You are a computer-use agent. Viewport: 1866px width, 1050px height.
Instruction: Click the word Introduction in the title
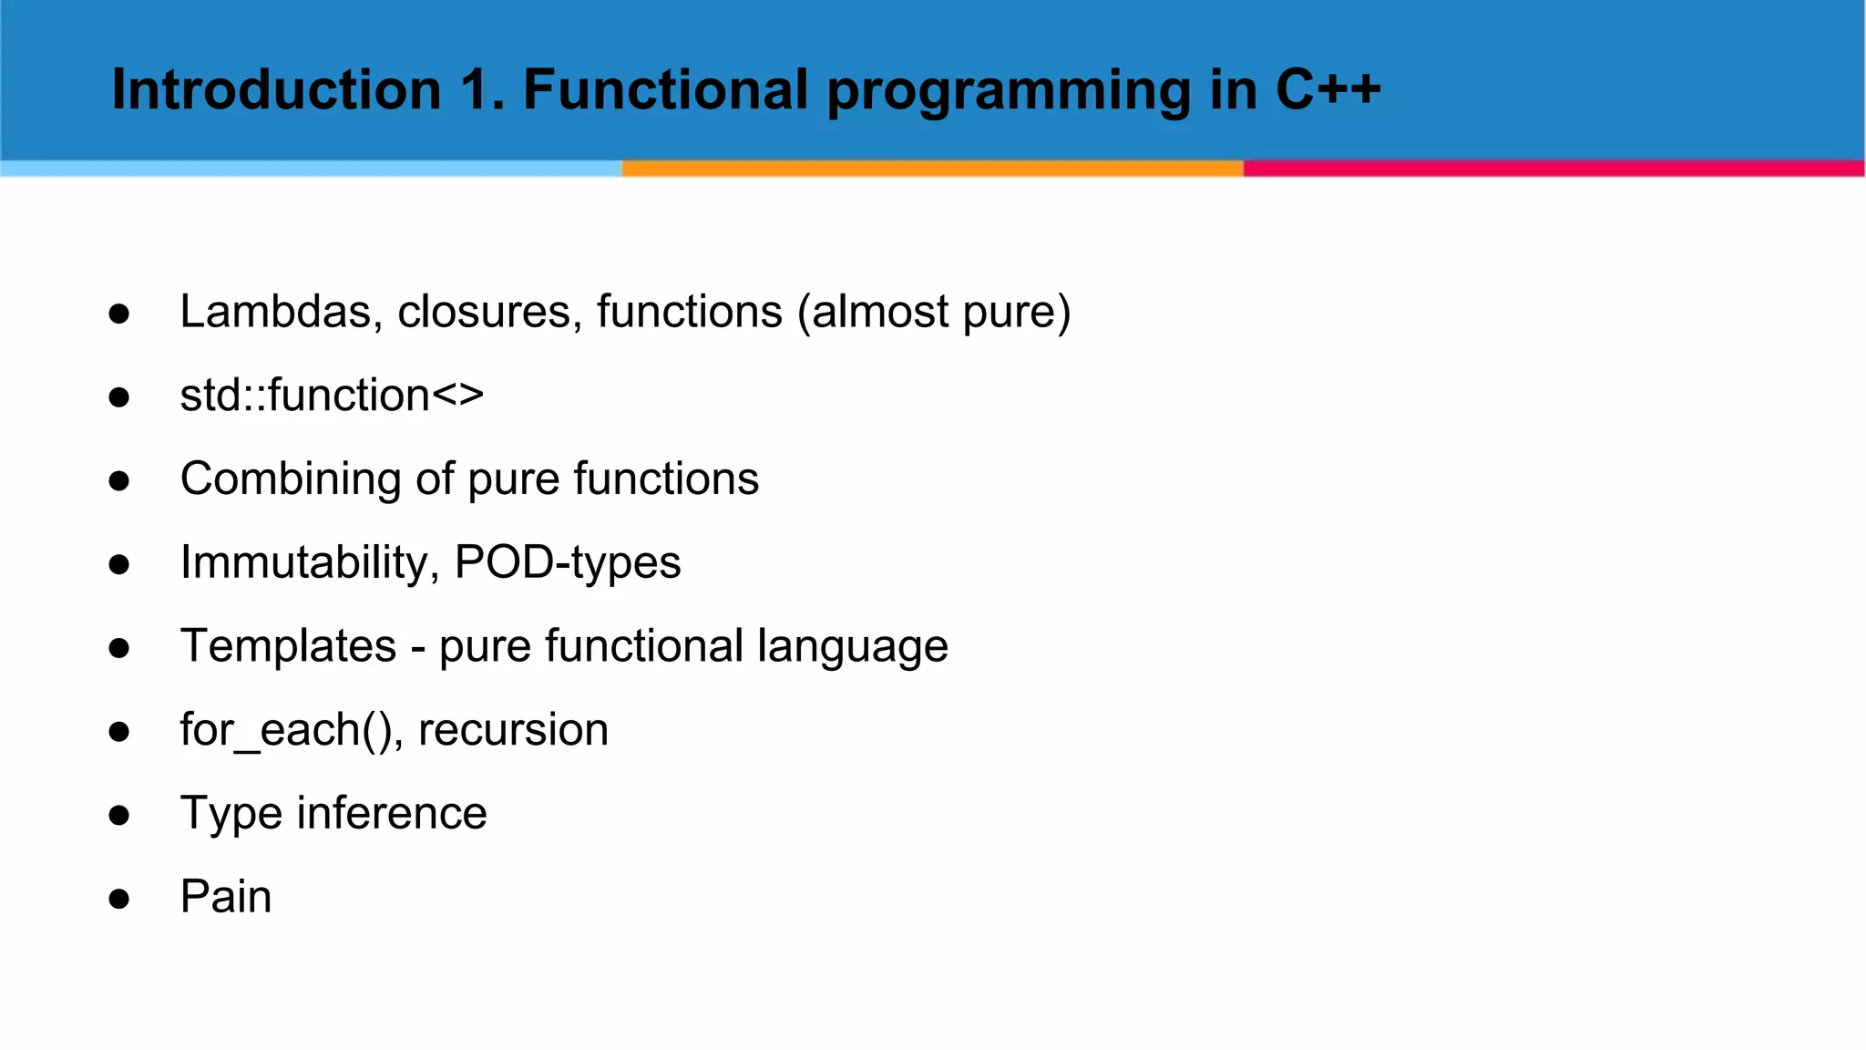coord(276,90)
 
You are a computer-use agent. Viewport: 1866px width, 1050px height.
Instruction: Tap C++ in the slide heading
coord(1328,90)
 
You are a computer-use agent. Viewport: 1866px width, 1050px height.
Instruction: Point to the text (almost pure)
coord(934,312)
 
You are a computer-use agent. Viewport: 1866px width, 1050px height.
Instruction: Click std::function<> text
coord(332,396)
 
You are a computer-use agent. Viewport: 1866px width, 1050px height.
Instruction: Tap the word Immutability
coord(303,562)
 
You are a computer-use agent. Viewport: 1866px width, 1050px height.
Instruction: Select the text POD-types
coord(567,562)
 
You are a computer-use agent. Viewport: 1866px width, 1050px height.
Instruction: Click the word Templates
coord(288,646)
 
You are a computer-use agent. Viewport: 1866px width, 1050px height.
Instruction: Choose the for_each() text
coord(286,730)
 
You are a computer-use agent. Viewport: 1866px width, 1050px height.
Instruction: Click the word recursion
coord(513,730)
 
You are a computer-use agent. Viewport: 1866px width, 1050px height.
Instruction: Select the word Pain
coord(226,897)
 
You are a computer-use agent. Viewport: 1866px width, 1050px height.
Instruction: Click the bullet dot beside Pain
coord(118,899)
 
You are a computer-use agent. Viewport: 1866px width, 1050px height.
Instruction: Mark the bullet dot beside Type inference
coord(118,815)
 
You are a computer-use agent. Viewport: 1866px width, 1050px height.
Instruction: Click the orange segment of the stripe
coord(932,169)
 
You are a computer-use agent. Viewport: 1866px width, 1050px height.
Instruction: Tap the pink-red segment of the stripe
coord(1553,169)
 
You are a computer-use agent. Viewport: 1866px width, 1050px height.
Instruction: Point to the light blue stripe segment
coord(310,169)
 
